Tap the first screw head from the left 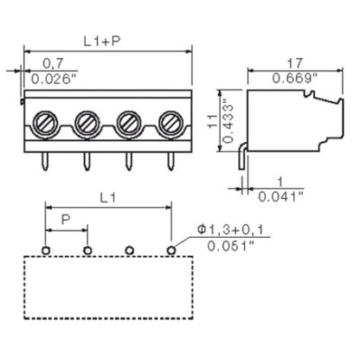[x=45, y=119]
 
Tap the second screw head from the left [x=87, y=119]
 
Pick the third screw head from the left [x=129, y=119]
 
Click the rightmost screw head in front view [x=170, y=119]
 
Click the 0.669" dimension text [x=295, y=79]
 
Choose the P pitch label [x=66, y=222]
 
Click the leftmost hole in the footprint [x=45, y=251]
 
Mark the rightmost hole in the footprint [x=171, y=251]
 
